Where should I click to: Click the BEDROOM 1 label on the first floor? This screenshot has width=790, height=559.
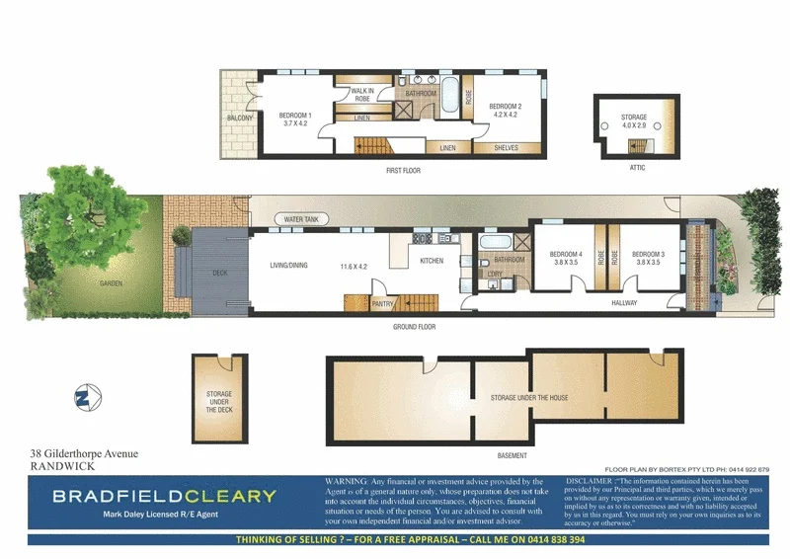coord(295,116)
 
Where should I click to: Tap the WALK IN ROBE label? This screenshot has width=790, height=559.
coord(361,95)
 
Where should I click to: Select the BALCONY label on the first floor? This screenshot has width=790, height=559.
coord(240,119)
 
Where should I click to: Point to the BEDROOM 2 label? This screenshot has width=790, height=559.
coord(505,107)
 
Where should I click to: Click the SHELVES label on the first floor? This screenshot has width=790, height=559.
coord(507,148)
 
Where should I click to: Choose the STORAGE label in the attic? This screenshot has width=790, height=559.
coord(634,118)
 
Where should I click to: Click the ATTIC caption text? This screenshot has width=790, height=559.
coord(637,168)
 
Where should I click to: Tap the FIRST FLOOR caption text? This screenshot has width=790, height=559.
coord(404,171)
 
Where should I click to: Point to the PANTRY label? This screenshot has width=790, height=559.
coord(383,305)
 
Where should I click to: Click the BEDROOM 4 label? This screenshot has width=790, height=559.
coord(566,255)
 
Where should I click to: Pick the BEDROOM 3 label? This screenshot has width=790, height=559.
coord(647,255)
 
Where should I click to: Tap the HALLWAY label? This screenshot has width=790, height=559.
coord(624,303)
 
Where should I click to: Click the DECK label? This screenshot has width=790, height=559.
coord(220,273)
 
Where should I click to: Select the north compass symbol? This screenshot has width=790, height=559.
coord(83,398)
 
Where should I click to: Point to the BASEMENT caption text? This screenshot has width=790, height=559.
coord(512,455)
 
